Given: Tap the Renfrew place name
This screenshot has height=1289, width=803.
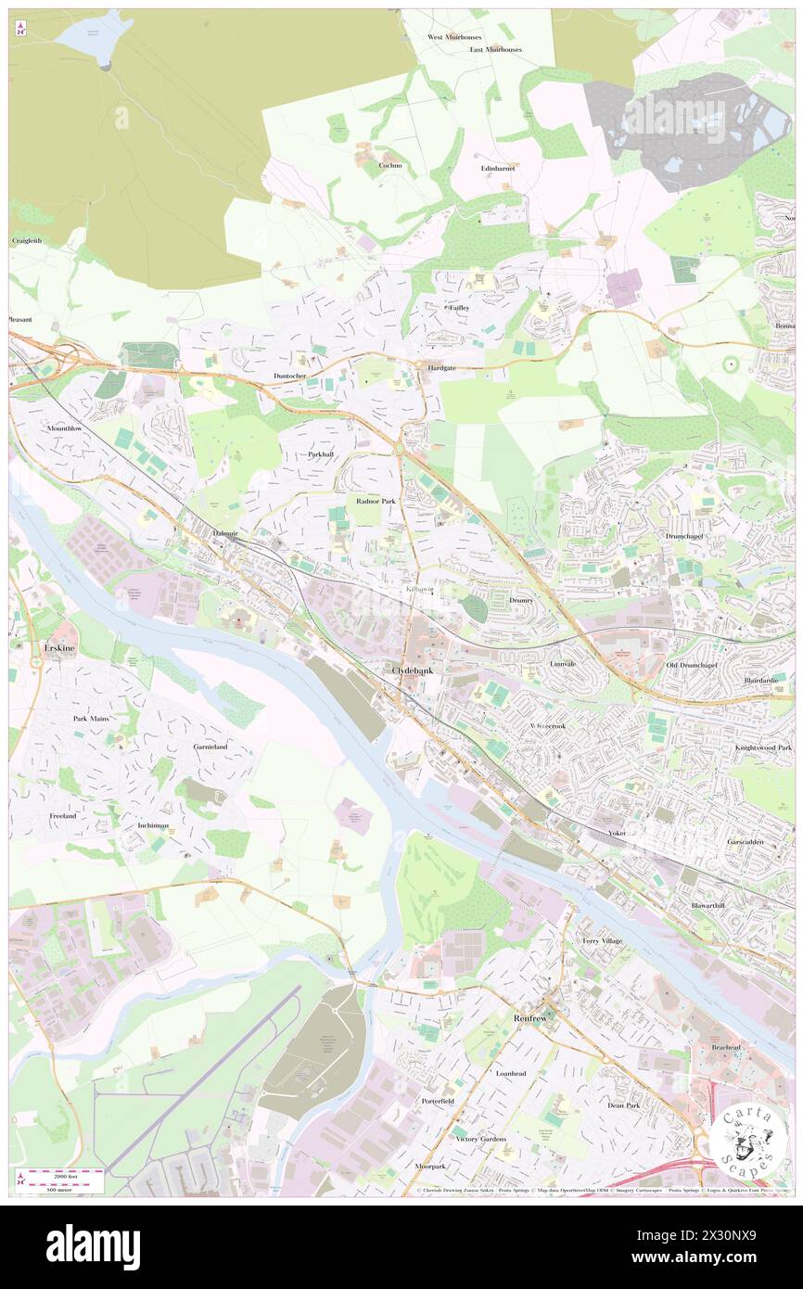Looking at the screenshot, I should (532, 1017).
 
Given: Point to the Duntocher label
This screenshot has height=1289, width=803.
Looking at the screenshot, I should (289, 376).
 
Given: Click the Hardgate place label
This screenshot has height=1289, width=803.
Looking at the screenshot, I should (441, 367).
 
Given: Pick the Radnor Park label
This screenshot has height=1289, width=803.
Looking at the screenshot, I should (376, 501).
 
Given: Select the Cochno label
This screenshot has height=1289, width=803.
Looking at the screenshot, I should (389, 165).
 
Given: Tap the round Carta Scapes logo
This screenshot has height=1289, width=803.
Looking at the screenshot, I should (748, 1142).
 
